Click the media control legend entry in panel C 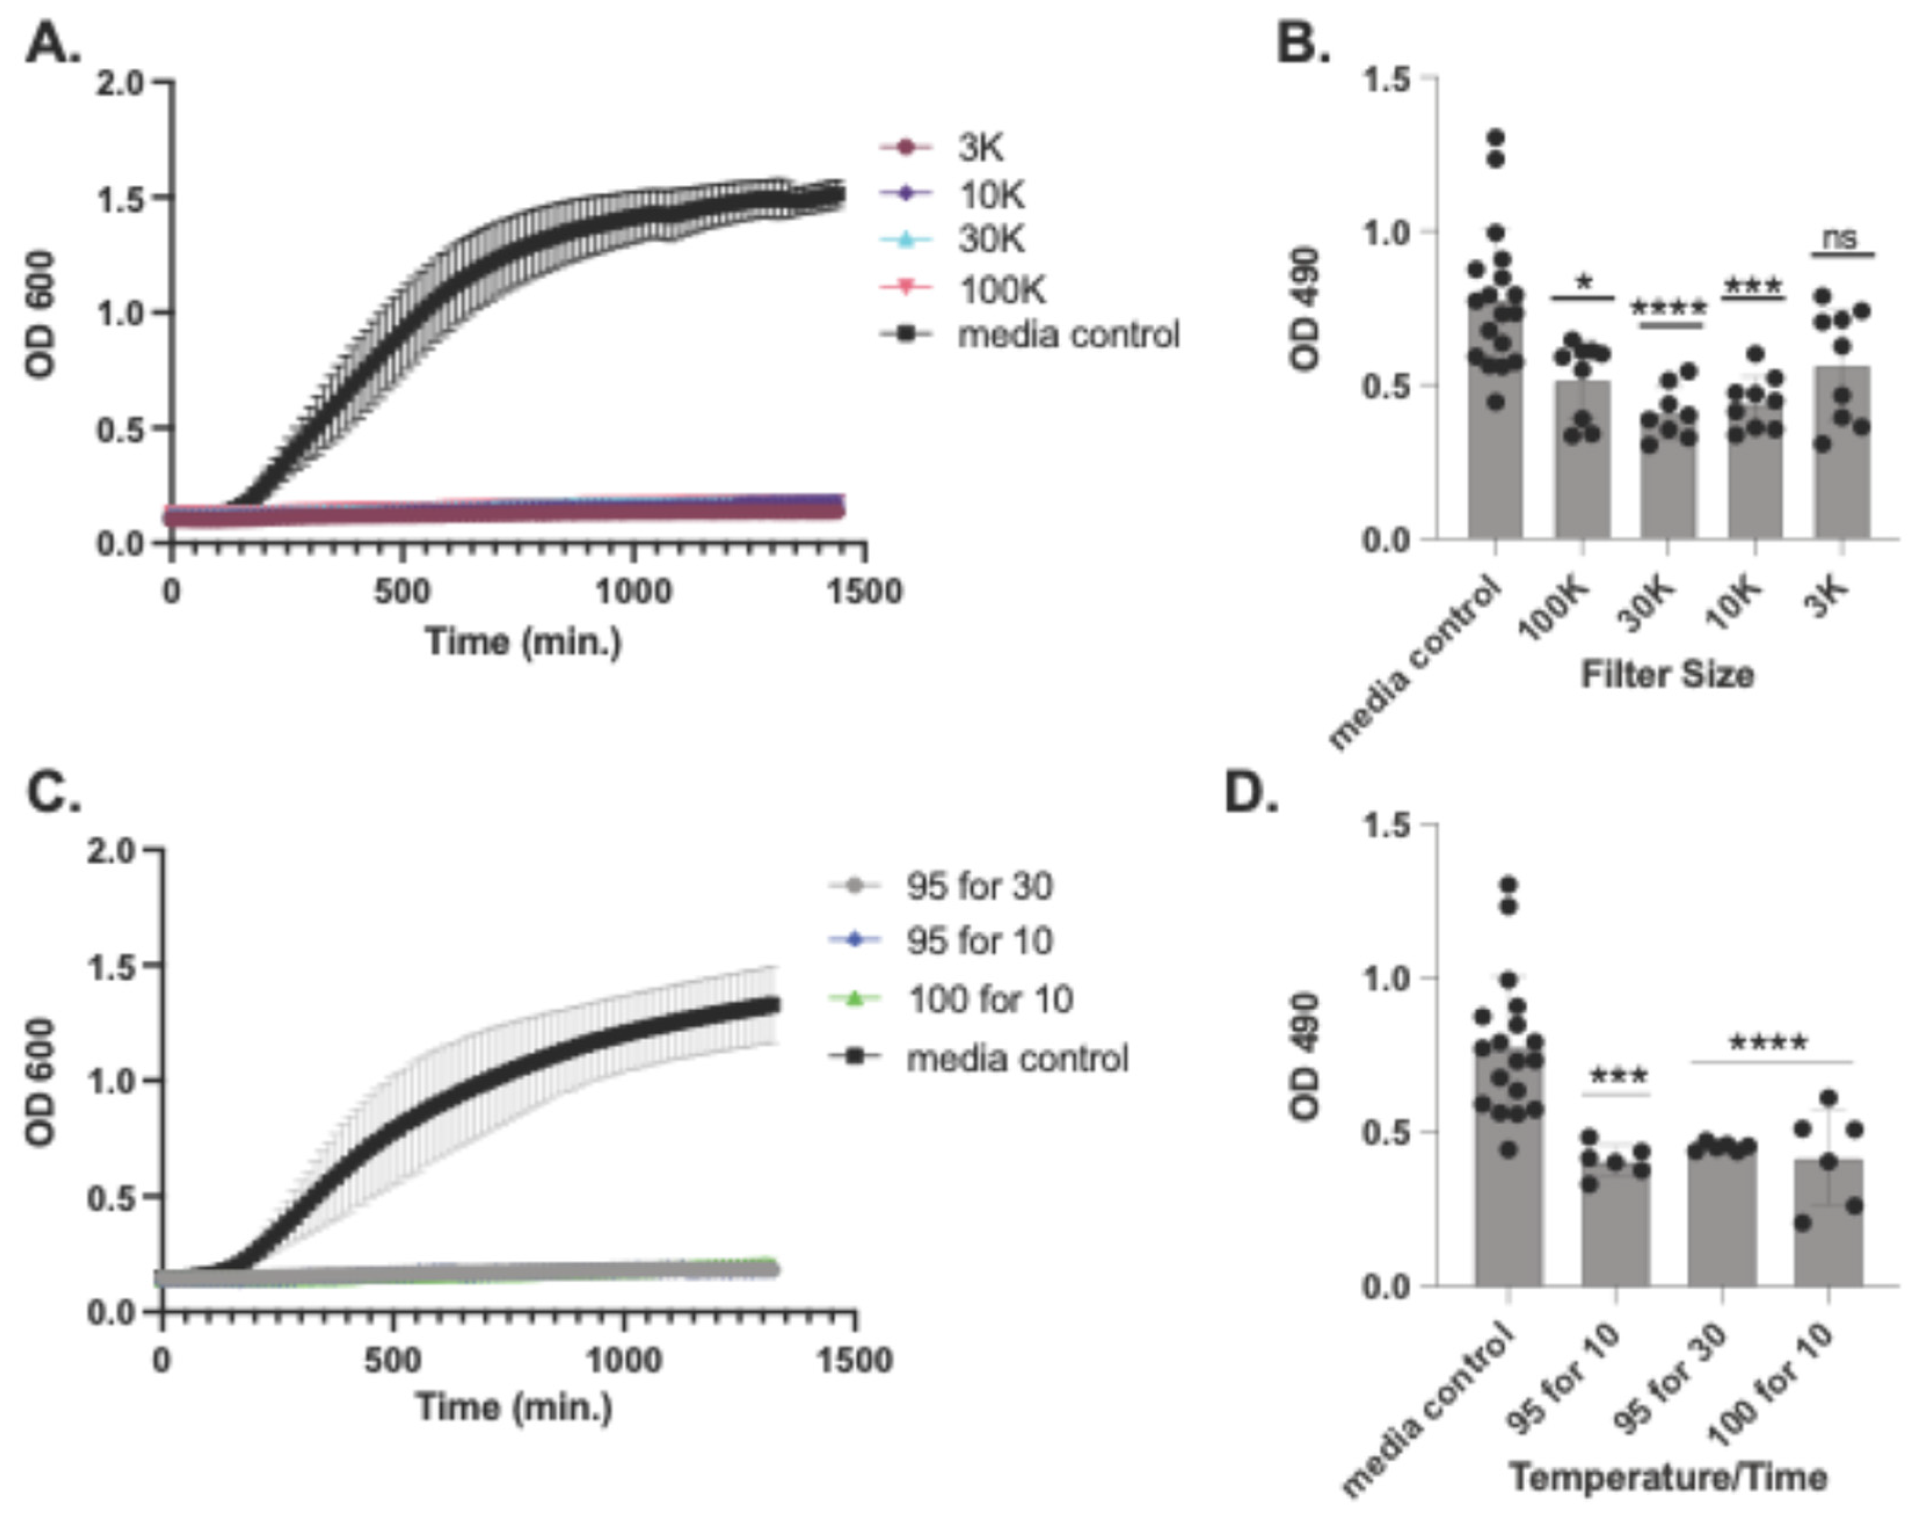(x=1017, y=1058)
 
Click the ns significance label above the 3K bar (x=1841, y=238)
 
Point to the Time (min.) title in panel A (x=523, y=641)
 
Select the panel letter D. (x=1251, y=792)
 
